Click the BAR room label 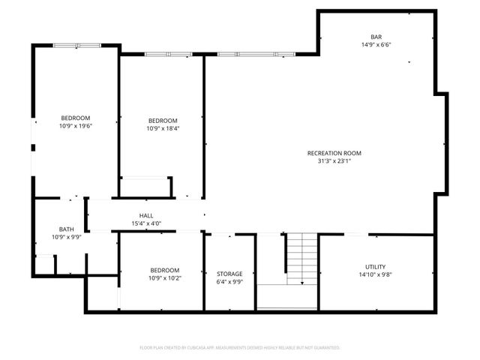pos(376,36)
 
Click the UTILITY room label pos(375,266)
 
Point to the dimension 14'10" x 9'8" pos(375,274)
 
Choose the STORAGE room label pos(229,274)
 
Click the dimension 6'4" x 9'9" pos(229,282)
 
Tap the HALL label pos(146,215)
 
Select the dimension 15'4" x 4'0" pos(146,223)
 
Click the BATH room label pos(67,229)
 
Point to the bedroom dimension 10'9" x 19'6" pos(75,126)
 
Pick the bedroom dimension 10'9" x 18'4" pos(163,129)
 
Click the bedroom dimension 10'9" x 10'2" pos(164,278)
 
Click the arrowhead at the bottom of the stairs pos(301,283)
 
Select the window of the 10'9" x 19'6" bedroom pos(76,46)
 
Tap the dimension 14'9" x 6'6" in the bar pos(376,44)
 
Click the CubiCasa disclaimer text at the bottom pos(240,348)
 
